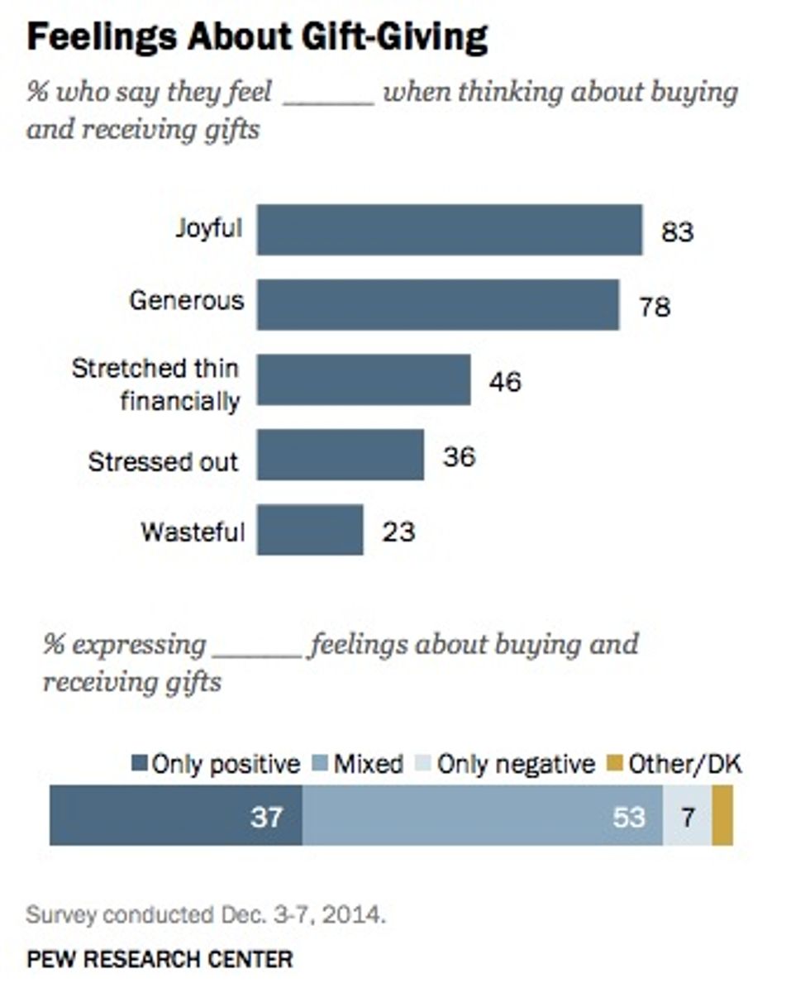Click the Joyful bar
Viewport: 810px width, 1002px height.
pyautogui.click(x=449, y=230)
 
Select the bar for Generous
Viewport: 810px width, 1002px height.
pyautogui.click(x=437, y=305)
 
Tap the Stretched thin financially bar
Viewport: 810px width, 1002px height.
pyautogui.click(x=363, y=380)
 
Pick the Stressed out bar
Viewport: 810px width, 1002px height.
pyautogui.click(x=340, y=455)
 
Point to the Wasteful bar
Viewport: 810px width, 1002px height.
pyautogui.click(x=309, y=530)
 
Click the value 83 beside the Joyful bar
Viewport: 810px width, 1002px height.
pyautogui.click(x=677, y=231)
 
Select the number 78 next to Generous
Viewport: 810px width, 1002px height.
pyautogui.click(x=654, y=307)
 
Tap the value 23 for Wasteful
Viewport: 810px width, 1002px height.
pyautogui.click(x=398, y=531)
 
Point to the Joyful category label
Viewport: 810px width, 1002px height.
pyautogui.click(x=208, y=227)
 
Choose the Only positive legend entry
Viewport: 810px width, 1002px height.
pyautogui.click(x=216, y=764)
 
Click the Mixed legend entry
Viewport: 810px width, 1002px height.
pyautogui.click(x=359, y=764)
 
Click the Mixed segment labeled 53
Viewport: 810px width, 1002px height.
pyautogui.click(x=482, y=816)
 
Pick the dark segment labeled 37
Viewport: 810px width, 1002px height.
pyautogui.click(x=175, y=816)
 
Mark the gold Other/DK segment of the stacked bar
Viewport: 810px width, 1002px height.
pyautogui.click(x=722, y=816)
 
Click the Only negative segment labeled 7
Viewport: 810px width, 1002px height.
pyautogui.click(x=687, y=816)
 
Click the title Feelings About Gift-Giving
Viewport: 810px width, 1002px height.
pyautogui.click(x=257, y=38)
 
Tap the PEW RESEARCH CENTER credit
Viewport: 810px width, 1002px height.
pyautogui.click(x=160, y=959)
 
